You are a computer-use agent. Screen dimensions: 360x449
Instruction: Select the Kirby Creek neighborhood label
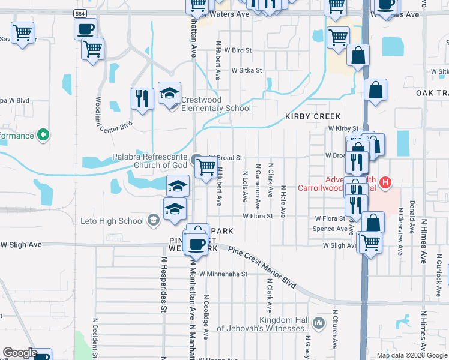tap(313, 116)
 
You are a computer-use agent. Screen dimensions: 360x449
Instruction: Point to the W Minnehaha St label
tap(223, 274)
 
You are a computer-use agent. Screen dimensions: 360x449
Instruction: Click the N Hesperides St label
tap(163, 285)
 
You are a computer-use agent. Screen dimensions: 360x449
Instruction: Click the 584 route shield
tap(80, 13)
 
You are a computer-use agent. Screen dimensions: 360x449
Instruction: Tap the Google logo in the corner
tap(19, 353)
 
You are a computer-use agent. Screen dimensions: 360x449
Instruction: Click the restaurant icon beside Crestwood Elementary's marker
tap(142, 99)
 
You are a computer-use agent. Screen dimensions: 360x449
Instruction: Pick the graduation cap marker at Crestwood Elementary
tap(169, 93)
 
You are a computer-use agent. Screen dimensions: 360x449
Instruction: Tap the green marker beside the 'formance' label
tap(42, 136)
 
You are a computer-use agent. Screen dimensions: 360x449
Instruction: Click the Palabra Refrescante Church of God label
tap(151, 161)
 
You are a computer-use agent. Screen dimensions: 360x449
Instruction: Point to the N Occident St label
tap(94, 335)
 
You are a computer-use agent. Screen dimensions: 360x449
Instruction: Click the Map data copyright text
tap(411, 355)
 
